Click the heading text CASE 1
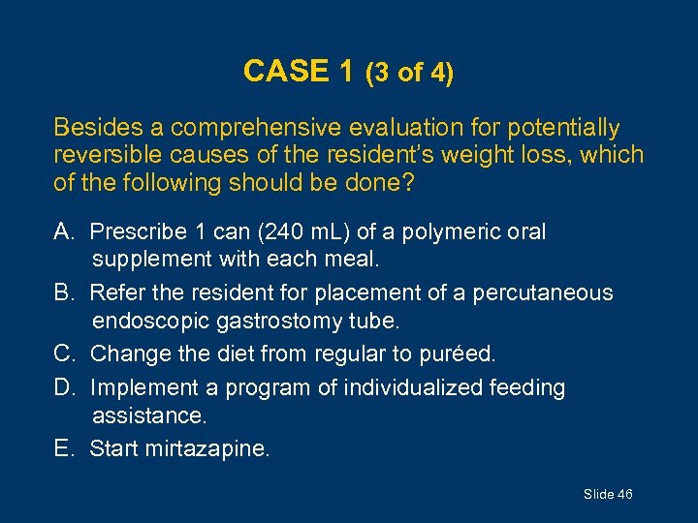pos(300,72)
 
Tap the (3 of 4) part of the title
pos(409,74)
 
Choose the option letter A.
pos(65,232)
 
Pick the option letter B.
pos(65,292)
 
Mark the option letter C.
pos(65,354)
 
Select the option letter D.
pos(65,388)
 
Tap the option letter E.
pos(64,448)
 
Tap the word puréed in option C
pos(459,354)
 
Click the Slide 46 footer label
pos(608,495)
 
